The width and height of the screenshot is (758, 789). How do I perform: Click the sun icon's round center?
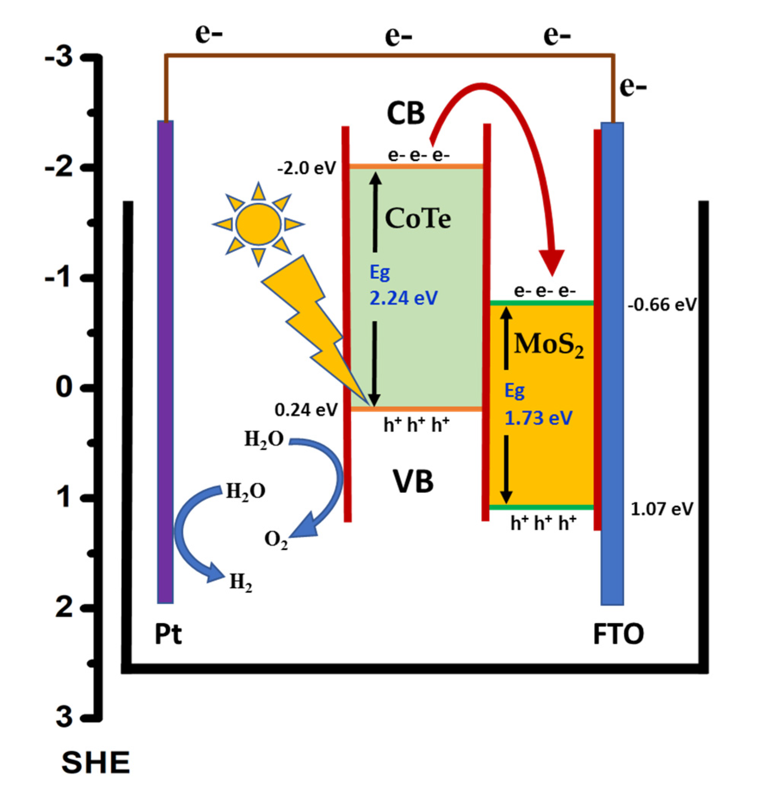pos(258,224)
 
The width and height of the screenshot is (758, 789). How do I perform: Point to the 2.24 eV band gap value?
pos(403,298)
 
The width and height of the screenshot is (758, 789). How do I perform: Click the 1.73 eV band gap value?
pos(538,418)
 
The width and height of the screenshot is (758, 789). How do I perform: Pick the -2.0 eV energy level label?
pos(306,168)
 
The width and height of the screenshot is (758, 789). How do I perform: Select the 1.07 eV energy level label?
pos(661,509)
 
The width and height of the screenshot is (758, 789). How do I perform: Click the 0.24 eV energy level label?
pos(306,410)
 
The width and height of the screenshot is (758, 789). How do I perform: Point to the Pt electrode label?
pos(168,634)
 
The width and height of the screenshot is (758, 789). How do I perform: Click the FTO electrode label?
pos(618,634)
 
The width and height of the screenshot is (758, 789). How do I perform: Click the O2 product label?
pos(276,539)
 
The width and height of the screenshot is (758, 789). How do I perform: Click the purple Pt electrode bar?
pos(165,362)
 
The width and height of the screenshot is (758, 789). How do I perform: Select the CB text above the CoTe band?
pos(405,113)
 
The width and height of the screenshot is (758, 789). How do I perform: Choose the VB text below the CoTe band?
pos(413,481)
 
